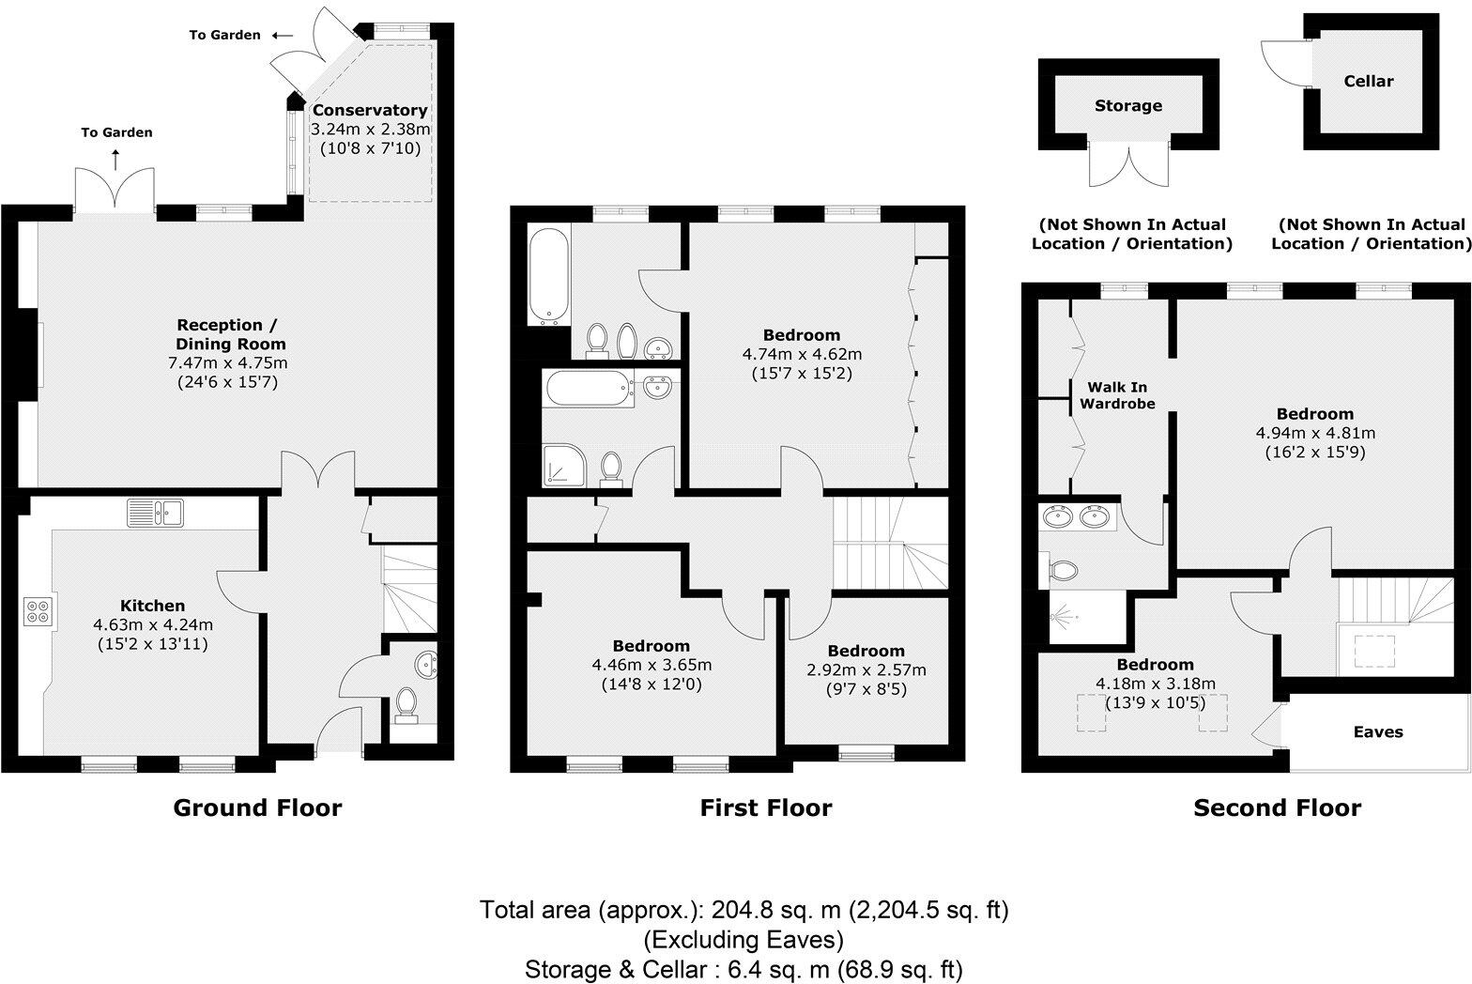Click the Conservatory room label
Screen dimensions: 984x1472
pyautogui.click(x=369, y=110)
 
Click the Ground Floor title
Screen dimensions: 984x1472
pyautogui.click(x=257, y=807)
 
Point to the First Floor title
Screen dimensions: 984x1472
pyautogui.click(x=766, y=807)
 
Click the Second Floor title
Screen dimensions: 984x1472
pyautogui.click(x=1277, y=807)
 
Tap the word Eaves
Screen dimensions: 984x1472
pyautogui.click(x=1377, y=731)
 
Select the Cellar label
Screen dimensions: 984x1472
pyautogui.click(x=1369, y=81)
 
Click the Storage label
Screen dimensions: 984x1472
pyautogui.click(x=1127, y=105)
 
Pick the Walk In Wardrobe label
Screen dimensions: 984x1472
pyautogui.click(x=1117, y=395)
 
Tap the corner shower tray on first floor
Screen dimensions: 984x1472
pyautogui.click(x=562, y=467)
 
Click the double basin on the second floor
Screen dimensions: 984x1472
pyautogui.click(x=1076, y=516)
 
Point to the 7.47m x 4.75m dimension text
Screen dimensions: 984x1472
pyautogui.click(x=226, y=363)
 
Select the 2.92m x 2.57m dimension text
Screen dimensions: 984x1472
pyautogui.click(x=866, y=669)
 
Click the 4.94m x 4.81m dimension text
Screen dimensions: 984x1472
pyautogui.click(x=1314, y=433)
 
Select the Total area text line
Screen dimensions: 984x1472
pyautogui.click(x=744, y=910)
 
